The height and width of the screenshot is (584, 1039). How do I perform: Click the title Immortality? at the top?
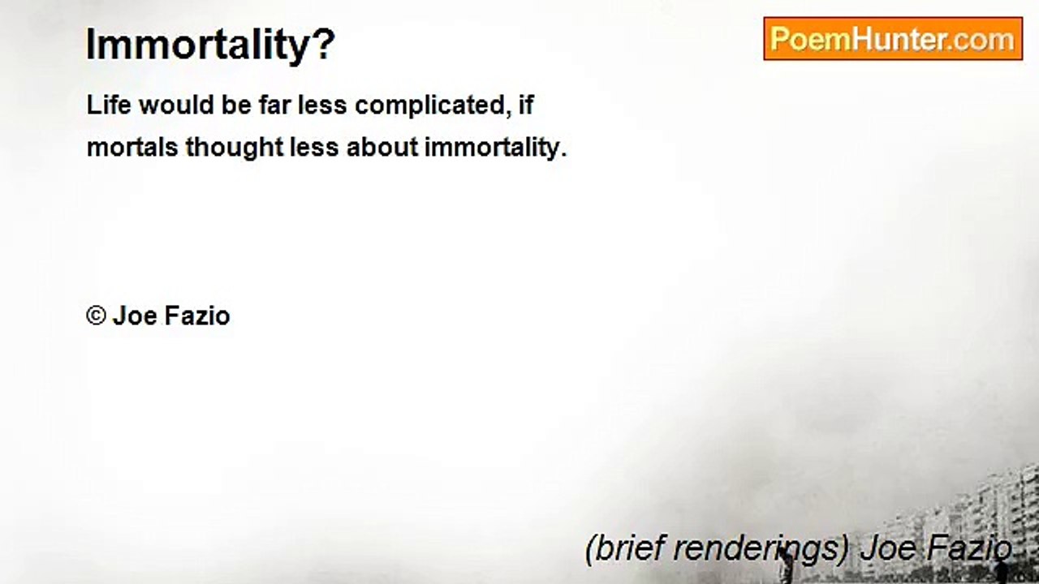[x=210, y=45]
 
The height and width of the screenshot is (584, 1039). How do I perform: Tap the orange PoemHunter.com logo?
[x=892, y=39]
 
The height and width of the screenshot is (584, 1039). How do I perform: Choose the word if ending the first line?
[x=525, y=105]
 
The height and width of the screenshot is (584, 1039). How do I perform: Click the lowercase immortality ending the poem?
[x=494, y=148]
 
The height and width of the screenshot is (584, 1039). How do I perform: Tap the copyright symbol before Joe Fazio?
[x=97, y=316]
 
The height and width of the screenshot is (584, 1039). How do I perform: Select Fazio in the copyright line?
[x=198, y=316]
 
